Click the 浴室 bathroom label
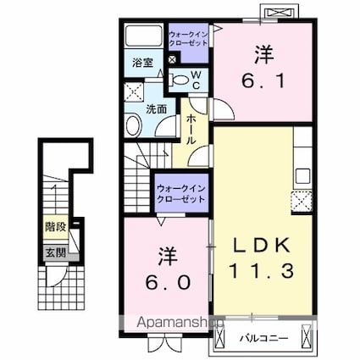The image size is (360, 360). [142, 63]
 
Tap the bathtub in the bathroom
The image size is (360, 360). [143, 36]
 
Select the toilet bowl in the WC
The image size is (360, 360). [180, 80]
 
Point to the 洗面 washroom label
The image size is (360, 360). [156, 109]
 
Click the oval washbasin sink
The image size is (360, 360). [134, 125]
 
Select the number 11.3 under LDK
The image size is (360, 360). [262, 271]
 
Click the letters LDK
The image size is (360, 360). [262, 245]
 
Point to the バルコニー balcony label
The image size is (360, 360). [264, 338]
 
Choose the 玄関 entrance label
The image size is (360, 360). [56, 252]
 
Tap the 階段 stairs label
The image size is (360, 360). [56, 227]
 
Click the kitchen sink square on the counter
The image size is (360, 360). [302, 176]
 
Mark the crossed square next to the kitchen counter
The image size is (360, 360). [302, 202]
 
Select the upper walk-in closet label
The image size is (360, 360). [188, 39]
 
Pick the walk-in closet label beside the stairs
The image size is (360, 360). [181, 194]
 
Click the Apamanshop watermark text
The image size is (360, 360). [180, 323]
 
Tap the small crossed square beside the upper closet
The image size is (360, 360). [172, 60]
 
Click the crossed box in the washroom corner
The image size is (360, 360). [134, 91]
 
